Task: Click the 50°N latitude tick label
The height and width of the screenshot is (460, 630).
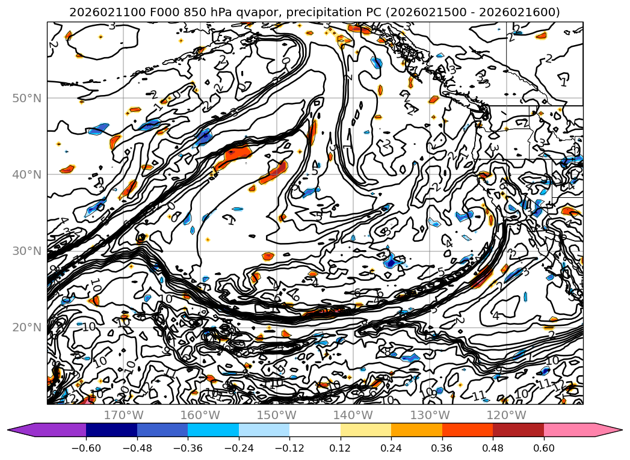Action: pos(26,98)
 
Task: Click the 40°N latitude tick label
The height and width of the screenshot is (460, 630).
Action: pos(26,174)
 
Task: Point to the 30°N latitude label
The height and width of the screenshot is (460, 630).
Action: pos(26,251)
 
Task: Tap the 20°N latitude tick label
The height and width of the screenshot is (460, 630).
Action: pos(26,327)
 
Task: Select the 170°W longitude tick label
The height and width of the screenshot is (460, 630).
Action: pos(123,415)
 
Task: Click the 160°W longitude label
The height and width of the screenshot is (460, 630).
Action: pos(200,415)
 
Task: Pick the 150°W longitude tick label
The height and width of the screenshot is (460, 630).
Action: pos(276,415)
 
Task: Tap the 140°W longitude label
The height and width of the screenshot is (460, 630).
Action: pos(353,415)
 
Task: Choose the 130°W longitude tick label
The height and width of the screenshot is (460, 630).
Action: pos(430,415)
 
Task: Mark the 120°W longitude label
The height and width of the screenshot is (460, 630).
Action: pos(506,415)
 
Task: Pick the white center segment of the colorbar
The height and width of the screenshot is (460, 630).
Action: pos(315,430)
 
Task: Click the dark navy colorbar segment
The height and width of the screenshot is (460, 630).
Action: pos(111,430)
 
